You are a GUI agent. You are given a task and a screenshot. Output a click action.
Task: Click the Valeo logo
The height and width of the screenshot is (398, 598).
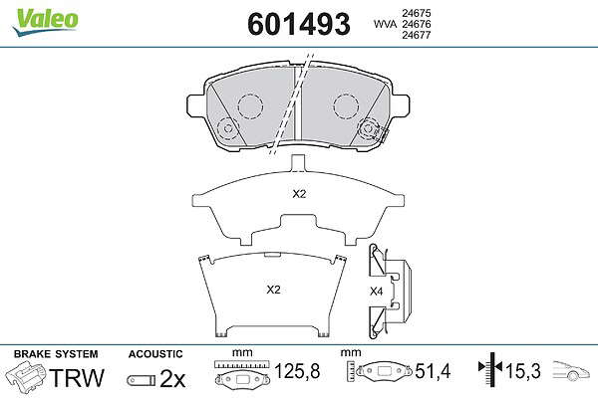click(x=46, y=22)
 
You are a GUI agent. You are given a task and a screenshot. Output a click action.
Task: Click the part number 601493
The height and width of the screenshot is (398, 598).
click(x=299, y=24)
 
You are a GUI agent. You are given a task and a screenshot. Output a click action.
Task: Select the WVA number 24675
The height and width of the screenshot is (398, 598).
click(x=417, y=13)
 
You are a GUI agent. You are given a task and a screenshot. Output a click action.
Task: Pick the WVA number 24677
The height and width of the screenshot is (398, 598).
click(x=417, y=35)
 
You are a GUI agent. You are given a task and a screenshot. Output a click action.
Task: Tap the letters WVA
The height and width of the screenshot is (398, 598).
click(x=386, y=24)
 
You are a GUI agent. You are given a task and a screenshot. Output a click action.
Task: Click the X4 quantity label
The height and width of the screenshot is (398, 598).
click(x=376, y=292)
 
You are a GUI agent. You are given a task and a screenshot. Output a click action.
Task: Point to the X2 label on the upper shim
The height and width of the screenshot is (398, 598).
click(x=299, y=194)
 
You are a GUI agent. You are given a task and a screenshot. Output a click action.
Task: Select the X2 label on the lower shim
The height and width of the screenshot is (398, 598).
click(x=273, y=290)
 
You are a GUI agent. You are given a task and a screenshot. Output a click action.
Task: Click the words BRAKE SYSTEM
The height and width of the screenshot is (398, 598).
click(x=56, y=354)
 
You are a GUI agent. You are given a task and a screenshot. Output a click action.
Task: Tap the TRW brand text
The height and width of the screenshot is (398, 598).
click(x=77, y=378)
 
